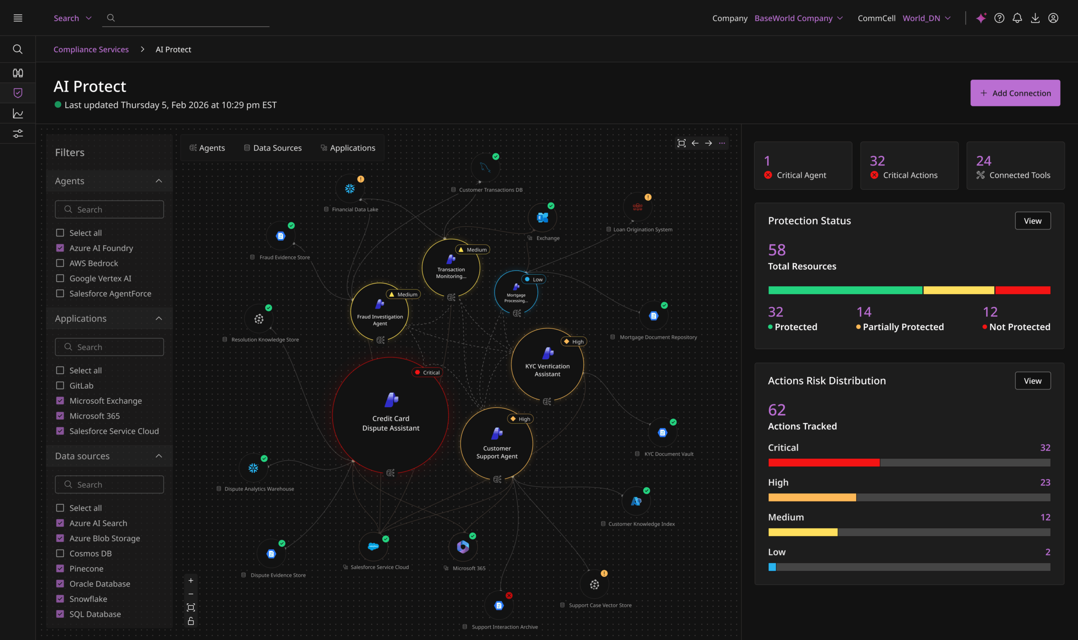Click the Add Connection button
click(1015, 93)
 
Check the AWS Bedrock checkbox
click(60, 263)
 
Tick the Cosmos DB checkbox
click(60, 553)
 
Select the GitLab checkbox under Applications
click(60, 386)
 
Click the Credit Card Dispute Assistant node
click(390, 415)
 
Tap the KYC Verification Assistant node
click(547, 364)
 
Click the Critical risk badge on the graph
click(427, 373)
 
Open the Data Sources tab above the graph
click(272, 148)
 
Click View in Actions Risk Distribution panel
click(1033, 381)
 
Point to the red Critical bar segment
click(824, 463)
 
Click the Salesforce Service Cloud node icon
click(374, 547)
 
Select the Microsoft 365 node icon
click(463, 547)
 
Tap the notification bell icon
click(1017, 18)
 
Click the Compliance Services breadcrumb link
click(91, 50)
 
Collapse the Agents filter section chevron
click(159, 181)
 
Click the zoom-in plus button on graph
click(191, 581)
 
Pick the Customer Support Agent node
click(497, 443)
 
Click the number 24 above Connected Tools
click(984, 161)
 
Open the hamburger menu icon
click(18, 18)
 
